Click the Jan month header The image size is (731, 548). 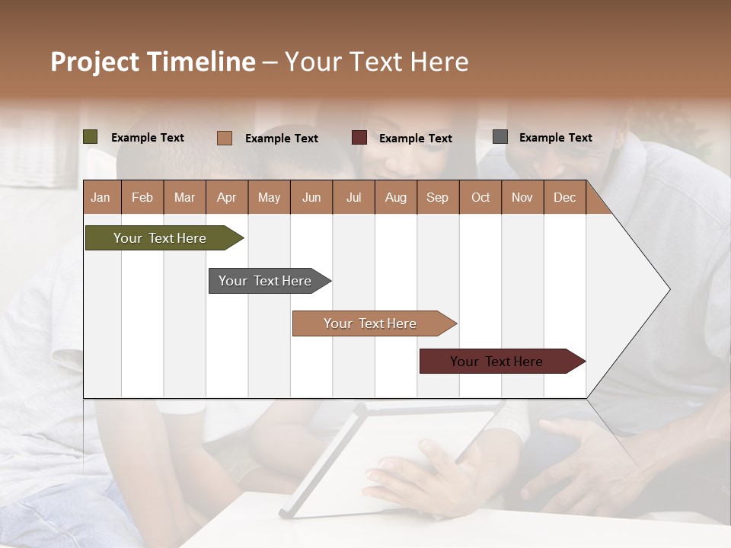pyautogui.click(x=101, y=198)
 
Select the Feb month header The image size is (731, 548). pyautogui.click(x=142, y=198)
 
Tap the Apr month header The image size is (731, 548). pyautogui.click(x=227, y=198)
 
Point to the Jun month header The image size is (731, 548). pyautogui.click(x=311, y=198)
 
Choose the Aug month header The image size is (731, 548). pyautogui.click(x=396, y=198)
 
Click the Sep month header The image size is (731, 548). pyautogui.click(x=438, y=198)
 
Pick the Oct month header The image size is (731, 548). pyautogui.click(x=480, y=198)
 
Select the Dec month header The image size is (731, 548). pyautogui.click(x=565, y=198)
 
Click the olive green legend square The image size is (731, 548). pyautogui.click(x=91, y=137)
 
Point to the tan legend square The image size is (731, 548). pyautogui.click(x=225, y=138)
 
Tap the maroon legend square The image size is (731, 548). pyautogui.click(x=359, y=137)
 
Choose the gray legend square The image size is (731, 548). pyautogui.click(x=500, y=137)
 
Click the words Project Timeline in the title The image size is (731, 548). pyautogui.click(x=152, y=62)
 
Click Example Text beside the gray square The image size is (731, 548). pyautogui.click(x=555, y=138)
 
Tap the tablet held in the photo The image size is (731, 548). pyautogui.click(x=388, y=457)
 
